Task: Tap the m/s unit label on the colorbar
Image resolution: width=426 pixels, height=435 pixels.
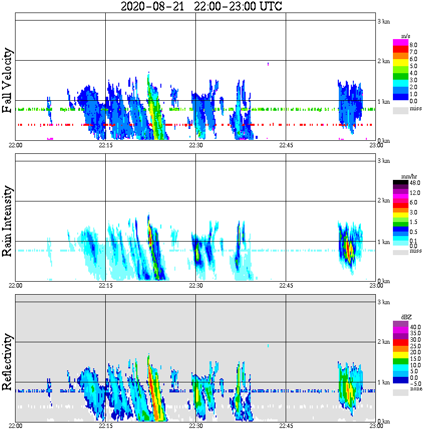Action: click(x=406, y=36)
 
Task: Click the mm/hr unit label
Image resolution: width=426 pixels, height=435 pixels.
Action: click(x=406, y=176)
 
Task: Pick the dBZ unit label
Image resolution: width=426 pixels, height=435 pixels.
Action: click(x=406, y=317)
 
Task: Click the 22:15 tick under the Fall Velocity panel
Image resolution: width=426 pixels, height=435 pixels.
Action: click(x=105, y=145)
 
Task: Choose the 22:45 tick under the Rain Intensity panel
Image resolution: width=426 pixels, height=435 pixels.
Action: click(x=286, y=285)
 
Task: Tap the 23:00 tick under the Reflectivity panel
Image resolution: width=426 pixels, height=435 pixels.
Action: click(x=376, y=425)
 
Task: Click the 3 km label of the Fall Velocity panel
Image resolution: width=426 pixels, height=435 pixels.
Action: click(x=383, y=21)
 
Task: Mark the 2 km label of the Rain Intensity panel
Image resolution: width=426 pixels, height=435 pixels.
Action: click(x=383, y=201)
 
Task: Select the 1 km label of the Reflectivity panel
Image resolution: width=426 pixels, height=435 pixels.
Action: click(x=383, y=382)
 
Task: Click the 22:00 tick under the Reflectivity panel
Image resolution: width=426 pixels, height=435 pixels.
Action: click(x=16, y=425)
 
